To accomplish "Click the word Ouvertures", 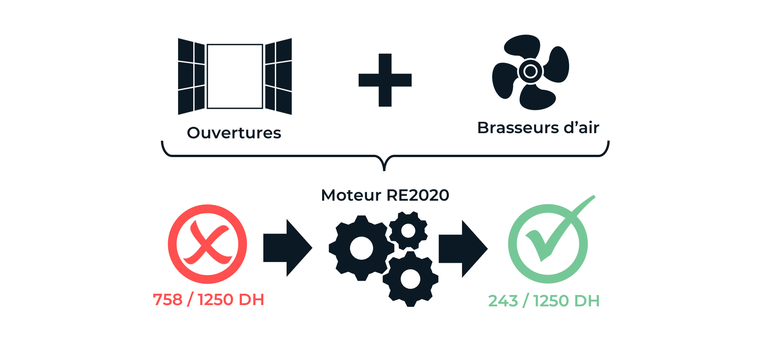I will tap(234, 133).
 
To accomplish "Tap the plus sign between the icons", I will tap(385, 80).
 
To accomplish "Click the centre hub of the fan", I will tap(530, 71).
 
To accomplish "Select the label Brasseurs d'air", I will tap(538, 128).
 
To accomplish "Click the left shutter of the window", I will tap(191, 76).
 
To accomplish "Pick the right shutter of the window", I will tap(278, 76).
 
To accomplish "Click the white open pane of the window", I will tap(235, 76).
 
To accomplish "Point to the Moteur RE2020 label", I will tap(385, 195).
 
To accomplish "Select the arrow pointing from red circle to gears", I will tap(287, 248).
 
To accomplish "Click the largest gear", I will tap(361, 248).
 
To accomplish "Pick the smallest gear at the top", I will tap(408, 231).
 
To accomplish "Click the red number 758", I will tap(167, 300).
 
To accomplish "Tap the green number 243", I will tap(503, 301).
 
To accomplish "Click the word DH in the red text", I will tap(251, 300).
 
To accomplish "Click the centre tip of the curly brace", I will tap(384, 169).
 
